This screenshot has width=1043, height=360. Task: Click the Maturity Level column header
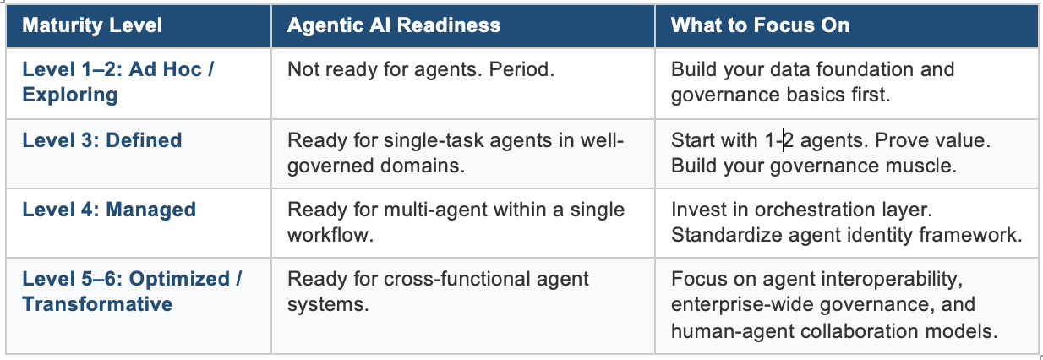point(92,25)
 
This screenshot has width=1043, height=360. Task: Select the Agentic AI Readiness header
point(394,25)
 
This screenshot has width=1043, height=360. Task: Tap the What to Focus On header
point(761,25)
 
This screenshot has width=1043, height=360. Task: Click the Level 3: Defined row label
point(102,140)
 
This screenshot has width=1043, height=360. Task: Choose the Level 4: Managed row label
point(109,210)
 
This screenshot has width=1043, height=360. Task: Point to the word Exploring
point(70,95)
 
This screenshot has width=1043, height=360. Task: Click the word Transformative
point(97,304)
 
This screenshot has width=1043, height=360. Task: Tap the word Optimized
point(179,280)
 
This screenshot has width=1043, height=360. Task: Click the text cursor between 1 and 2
point(784,140)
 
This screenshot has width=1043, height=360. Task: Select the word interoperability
point(893,280)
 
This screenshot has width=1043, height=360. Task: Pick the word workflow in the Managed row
point(330,235)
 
